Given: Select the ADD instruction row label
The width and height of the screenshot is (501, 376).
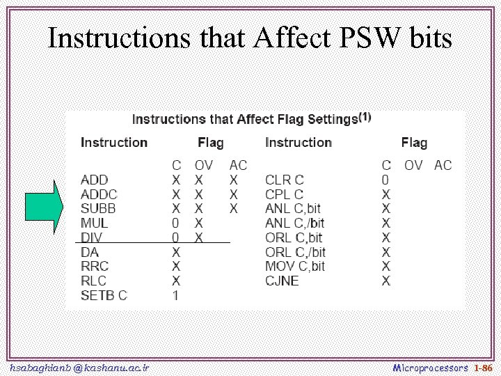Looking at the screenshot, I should [x=94, y=180].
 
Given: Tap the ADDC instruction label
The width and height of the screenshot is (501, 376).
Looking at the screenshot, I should [x=99, y=194].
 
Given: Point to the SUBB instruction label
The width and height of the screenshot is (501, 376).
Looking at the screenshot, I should [x=98, y=209].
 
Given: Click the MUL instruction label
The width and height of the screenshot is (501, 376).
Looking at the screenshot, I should [x=94, y=224].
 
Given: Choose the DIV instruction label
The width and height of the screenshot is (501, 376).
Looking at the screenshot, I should [x=91, y=237].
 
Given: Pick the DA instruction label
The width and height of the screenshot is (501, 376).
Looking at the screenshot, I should [x=90, y=252].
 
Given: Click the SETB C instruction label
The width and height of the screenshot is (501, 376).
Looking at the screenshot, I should [x=104, y=295].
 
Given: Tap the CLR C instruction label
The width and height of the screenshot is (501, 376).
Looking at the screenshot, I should [x=285, y=180].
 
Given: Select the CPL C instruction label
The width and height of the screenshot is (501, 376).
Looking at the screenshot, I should [x=285, y=194].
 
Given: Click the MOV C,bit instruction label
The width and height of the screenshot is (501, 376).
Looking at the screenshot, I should [x=295, y=266].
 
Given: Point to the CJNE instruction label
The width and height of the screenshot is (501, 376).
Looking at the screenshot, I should [x=282, y=281].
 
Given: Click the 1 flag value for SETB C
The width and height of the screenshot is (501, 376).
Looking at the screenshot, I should [x=176, y=295].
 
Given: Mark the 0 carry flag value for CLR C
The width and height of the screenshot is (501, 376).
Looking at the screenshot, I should [x=385, y=180].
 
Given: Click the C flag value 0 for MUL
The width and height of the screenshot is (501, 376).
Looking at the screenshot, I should [x=176, y=224].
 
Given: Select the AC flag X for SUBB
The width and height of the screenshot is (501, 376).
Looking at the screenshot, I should [x=234, y=209].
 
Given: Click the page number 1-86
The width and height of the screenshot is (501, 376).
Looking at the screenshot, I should [x=482, y=367].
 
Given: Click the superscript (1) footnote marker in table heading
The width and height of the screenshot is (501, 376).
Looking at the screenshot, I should [x=365, y=116].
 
